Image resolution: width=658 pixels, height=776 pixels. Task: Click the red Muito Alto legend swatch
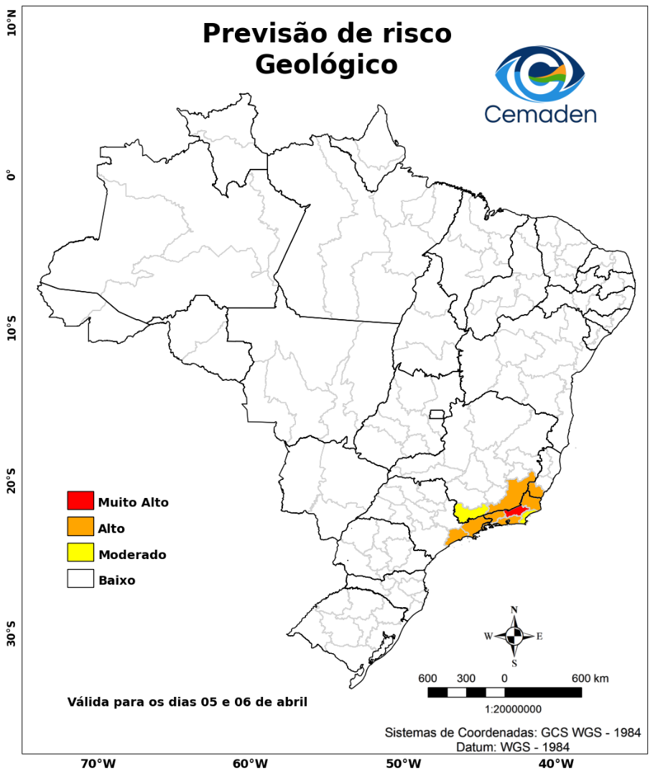coord(80,500)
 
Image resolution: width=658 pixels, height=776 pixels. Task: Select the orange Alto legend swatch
coord(80,526)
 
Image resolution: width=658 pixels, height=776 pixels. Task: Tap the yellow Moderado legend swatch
coord(80,553)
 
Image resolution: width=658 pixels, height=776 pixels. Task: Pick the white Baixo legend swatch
coord(80,578)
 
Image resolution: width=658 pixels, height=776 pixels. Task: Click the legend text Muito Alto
coord(134,502)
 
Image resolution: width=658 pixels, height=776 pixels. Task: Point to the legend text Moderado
coord(132,555)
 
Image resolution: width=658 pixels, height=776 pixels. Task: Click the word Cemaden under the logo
coord(539,114)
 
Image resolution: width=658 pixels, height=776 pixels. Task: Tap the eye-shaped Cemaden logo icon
coord(540,73)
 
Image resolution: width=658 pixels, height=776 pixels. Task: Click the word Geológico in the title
coord(326,65)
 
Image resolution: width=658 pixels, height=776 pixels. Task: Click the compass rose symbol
coord(514,636)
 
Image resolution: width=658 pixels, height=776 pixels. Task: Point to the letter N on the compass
coord(514,610)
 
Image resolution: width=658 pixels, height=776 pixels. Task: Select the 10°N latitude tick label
coord(11,29)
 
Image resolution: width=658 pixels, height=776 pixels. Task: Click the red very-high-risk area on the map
coord(515,511)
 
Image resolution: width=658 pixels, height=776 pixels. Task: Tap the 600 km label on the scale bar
coord(590,678)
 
